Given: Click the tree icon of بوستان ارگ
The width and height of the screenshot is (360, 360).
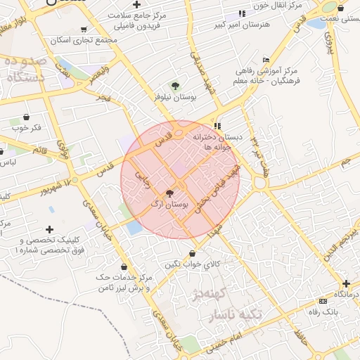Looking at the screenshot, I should tap(169, 193).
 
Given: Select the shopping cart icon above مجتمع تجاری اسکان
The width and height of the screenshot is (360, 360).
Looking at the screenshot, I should tap(84, 30).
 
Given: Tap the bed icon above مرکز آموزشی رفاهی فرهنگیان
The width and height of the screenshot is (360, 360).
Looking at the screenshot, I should tap(265, 60).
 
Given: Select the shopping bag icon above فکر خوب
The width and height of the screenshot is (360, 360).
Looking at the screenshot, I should tap(26, 117).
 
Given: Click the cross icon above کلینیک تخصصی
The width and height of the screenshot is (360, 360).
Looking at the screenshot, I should tap(49, 229).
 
